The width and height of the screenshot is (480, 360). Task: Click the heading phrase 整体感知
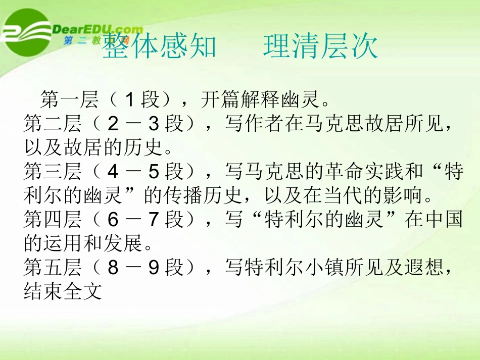pyautogui.click(x=159, y=47)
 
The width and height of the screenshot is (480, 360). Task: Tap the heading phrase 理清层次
pyautogui.click(x=320, y=47)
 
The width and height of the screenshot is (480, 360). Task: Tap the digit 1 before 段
pyautogui.click(x=129, y=100)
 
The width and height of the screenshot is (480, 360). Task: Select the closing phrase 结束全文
pyautogui.click(x=63, y=292)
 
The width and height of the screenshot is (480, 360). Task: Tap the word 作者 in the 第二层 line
pyautogui.click(x=264, y=125)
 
